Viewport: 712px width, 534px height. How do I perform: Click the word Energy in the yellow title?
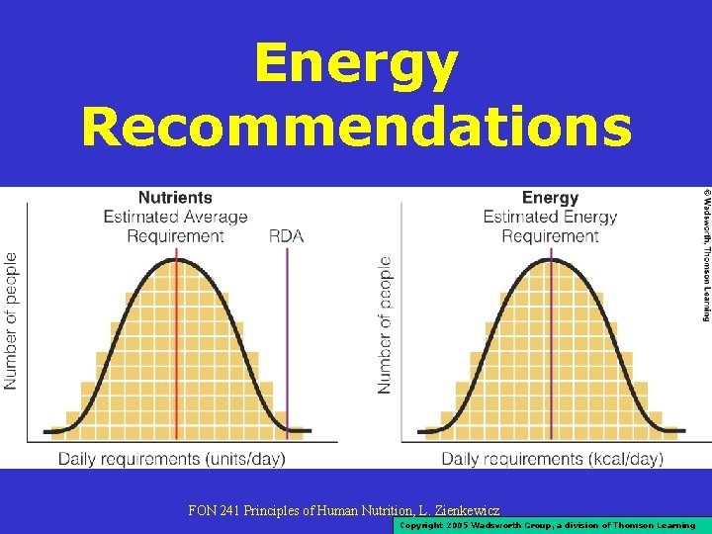click(x=356, y=65)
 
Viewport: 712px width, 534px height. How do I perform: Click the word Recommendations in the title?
click(x=356, y=129)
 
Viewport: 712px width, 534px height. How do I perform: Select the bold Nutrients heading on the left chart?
click(x=175, y=198)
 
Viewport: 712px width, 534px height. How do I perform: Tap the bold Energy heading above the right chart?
click(x=550, y=198)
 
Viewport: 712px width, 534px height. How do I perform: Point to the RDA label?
click(x=288, y=235)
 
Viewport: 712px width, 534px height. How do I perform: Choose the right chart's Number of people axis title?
click(x=386, y=325)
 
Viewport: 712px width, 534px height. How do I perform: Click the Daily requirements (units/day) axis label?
click(x=171, y=459)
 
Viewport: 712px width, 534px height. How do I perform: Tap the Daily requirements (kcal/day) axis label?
click(x=552, y=459)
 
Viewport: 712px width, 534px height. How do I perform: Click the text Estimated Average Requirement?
click(x=175, y=226)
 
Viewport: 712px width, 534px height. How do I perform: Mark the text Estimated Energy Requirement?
click(x=550, y=226)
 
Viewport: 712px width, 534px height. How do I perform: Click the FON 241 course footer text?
click(x=343, y=511)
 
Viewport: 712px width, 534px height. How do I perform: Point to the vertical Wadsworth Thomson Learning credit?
click(x=705, y=254)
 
